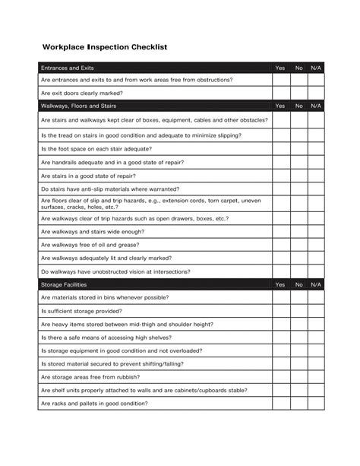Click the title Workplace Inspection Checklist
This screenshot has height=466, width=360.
coord(105,47)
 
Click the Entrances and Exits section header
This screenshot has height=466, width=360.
coord(68,68)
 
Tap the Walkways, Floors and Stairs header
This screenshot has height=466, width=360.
coord(78,106)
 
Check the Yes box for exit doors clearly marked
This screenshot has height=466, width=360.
coord(280,94)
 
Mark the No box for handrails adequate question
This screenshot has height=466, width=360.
coord(299,162)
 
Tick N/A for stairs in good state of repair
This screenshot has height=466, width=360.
coord(316,176)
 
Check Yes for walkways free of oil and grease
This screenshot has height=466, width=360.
coord(280,245)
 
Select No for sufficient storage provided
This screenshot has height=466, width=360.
coord(299,311)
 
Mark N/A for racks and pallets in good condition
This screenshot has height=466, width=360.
coord(316,403)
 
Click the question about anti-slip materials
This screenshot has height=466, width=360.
coord(110,189)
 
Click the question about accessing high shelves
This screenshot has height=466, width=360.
coord(106,338)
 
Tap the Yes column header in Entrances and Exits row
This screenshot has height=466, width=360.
coord(280,68)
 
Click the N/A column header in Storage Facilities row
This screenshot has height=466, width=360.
coord(316,284)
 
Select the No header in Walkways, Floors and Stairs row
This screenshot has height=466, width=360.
coord(299,106)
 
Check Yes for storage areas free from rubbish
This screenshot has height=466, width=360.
coord(280,377)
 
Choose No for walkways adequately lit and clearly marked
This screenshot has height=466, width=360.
coord(299,258)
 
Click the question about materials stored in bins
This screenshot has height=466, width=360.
coord(105,297)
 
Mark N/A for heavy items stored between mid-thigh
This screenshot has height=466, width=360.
coord(316,324)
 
